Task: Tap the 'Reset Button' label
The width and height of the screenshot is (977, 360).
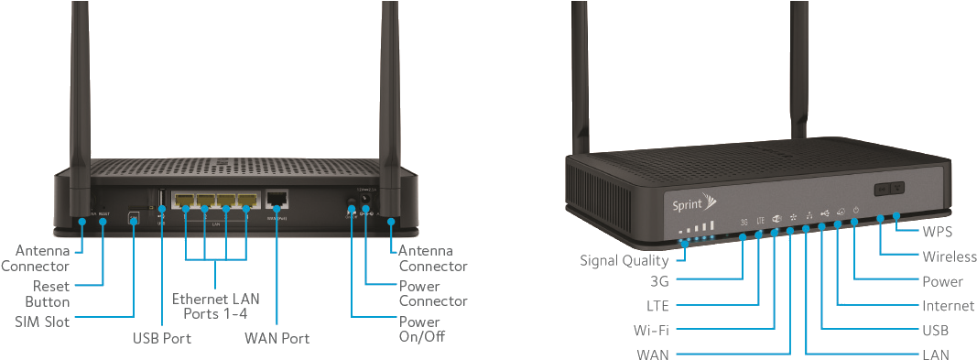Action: pyautogui.click(x=46, y=293)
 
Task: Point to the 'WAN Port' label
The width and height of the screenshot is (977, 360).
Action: pyautogui.click(x=277, y=338)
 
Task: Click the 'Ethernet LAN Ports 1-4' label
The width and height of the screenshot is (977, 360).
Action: pyautogui.click(x=216, y=306)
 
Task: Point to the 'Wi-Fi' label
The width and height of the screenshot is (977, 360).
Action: pyautogui.click(x=650, y=329)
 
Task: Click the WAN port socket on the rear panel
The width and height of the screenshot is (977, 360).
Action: pyautogui.click(x=277, y=199)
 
